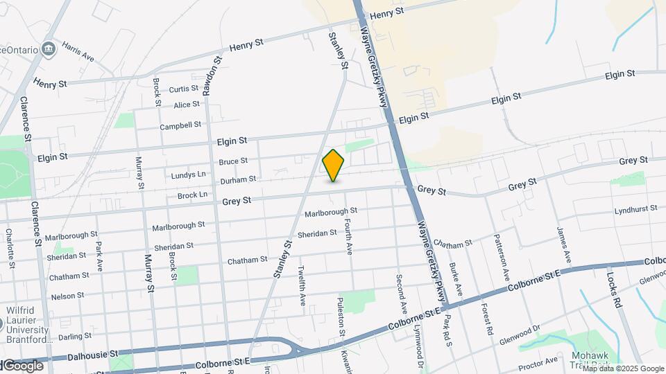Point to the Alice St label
(187, 105)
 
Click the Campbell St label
(180, 126)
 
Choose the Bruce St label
(233, 161)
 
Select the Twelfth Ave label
(302, 285)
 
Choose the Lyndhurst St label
(635, 209)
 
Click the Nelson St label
(67, 295)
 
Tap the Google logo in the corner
(23, 365)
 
